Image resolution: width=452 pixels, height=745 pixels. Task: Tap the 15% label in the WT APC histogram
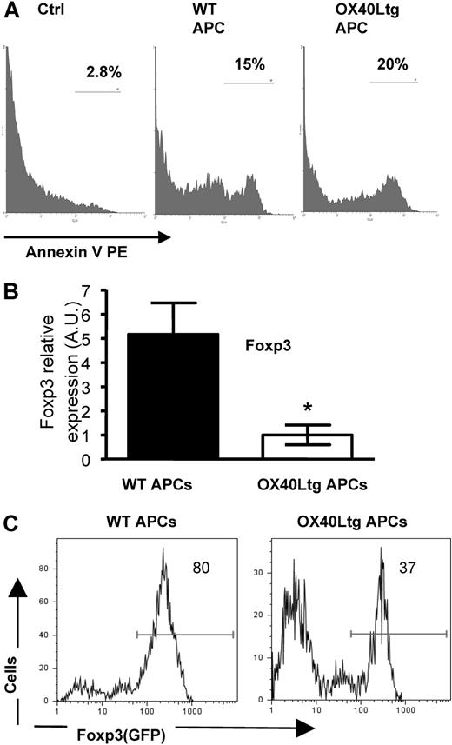[x=248, y=66]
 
